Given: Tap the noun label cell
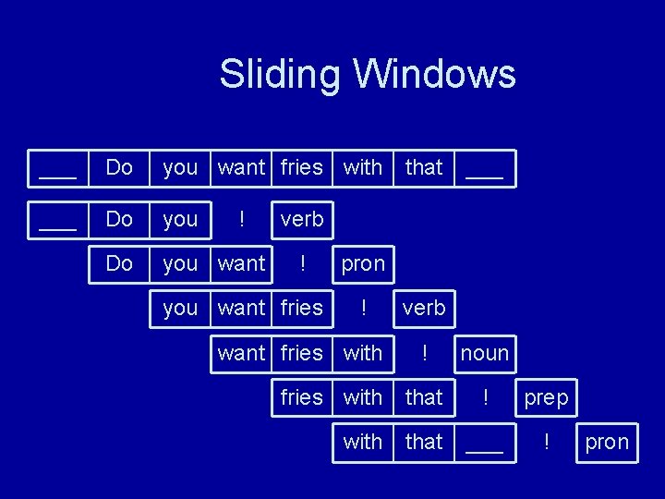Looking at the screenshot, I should click(x=484, y=352).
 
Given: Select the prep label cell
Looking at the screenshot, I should click(x=547, y=396).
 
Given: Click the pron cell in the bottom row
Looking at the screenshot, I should click(x=606, y=442).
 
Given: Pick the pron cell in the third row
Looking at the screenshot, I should click(x=363, y=263).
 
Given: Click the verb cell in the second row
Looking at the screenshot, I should click(x=302, y=219).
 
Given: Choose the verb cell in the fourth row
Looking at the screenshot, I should click(x=424, y=308).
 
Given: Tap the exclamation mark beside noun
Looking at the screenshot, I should click(x=424, y=352).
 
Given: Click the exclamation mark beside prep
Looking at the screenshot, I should click(x=484, y=396).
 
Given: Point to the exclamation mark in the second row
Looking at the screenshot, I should click(x=241, y=219).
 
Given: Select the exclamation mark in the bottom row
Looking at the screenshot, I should click(x=547, y=442).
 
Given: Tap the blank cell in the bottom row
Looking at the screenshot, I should click(x=484, y=443).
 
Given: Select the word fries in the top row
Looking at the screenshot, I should click(x=302, y=167).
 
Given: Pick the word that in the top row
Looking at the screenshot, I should click(x=424, y=167).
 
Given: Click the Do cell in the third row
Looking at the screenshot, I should click(x=119, y=263).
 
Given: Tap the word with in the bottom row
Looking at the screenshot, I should click(x=363, y=442).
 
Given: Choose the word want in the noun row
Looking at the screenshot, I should click(x=241, y=352).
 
